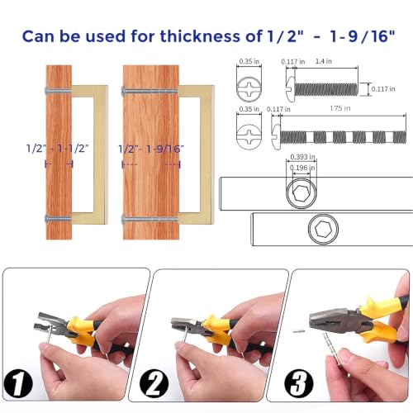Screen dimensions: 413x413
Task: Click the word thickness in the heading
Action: tap(200, 36)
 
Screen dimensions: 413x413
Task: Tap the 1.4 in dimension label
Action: tap(324, 61)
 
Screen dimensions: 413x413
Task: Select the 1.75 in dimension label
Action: tap(340, 108)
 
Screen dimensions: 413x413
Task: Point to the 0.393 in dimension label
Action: tap(302, 157)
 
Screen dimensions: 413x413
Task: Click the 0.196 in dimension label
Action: tap(302, 168)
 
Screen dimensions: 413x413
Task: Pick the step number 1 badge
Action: tap(18, 384)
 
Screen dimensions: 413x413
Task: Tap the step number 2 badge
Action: tap(154, 383)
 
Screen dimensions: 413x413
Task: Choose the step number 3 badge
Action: tap(299, 383)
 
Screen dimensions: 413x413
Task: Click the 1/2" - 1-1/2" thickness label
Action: tap(57, 149)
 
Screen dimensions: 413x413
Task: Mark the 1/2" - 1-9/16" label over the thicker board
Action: tap(151, 149)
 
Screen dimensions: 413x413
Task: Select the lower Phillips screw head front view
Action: tap(249, 137)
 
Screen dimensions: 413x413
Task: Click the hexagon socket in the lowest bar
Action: tap(323, 229)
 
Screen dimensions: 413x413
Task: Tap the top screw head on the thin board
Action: tap(46, 90)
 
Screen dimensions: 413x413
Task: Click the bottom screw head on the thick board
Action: tap(123, 220)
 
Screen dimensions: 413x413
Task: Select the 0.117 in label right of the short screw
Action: tap(383, 89)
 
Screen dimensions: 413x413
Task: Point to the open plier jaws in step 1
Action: tap(50, 322)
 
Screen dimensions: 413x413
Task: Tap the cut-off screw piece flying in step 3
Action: tap(298, 331)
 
